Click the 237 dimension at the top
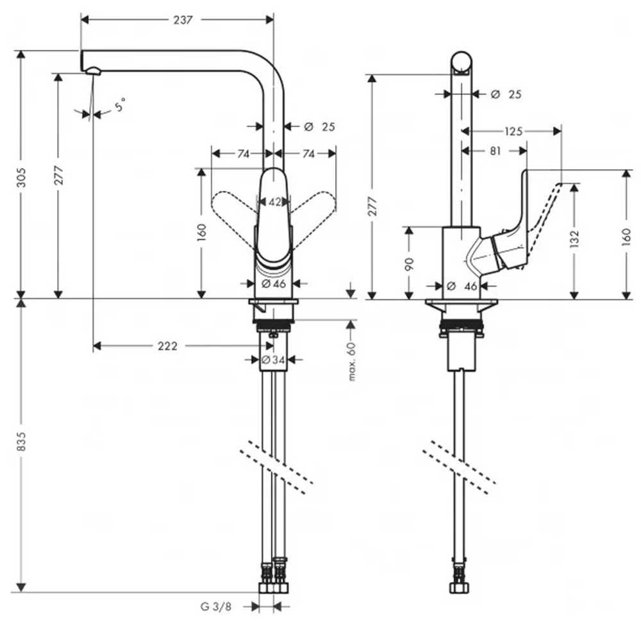(183, 20)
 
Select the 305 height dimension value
(22, 174)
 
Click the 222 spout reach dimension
(167, 346)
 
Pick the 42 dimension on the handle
(274, 202)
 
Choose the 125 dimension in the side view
(513, 131)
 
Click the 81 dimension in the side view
(495, 151)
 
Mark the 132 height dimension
(574, 238)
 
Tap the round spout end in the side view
(462, 63)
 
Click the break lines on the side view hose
(459, 467)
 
